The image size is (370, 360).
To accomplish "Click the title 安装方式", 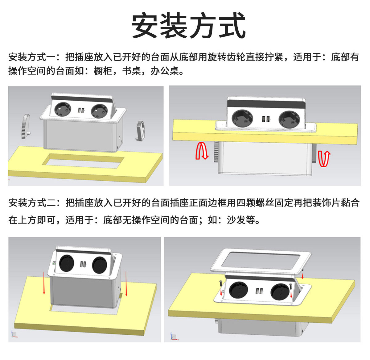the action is [188, 25].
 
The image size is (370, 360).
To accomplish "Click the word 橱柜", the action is [103, 71].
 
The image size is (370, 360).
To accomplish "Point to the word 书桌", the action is [131, 71].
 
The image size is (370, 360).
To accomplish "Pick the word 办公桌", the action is [164, 71].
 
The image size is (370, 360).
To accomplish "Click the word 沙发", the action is [236, 220].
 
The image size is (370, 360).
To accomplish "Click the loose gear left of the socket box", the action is [25, 126].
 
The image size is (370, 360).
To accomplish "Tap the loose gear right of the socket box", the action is [140, 131].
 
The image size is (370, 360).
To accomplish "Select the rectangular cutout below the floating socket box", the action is [83, 161].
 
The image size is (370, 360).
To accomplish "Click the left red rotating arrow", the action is [202, 150].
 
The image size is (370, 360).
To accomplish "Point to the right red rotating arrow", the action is [324, 159].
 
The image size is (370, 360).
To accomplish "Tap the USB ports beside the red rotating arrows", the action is [266, 119].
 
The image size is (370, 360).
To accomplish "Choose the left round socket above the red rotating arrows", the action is [242, 118].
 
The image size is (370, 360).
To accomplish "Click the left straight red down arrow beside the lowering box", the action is [44, 283].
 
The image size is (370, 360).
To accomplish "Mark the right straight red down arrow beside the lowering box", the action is [126, 283].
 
